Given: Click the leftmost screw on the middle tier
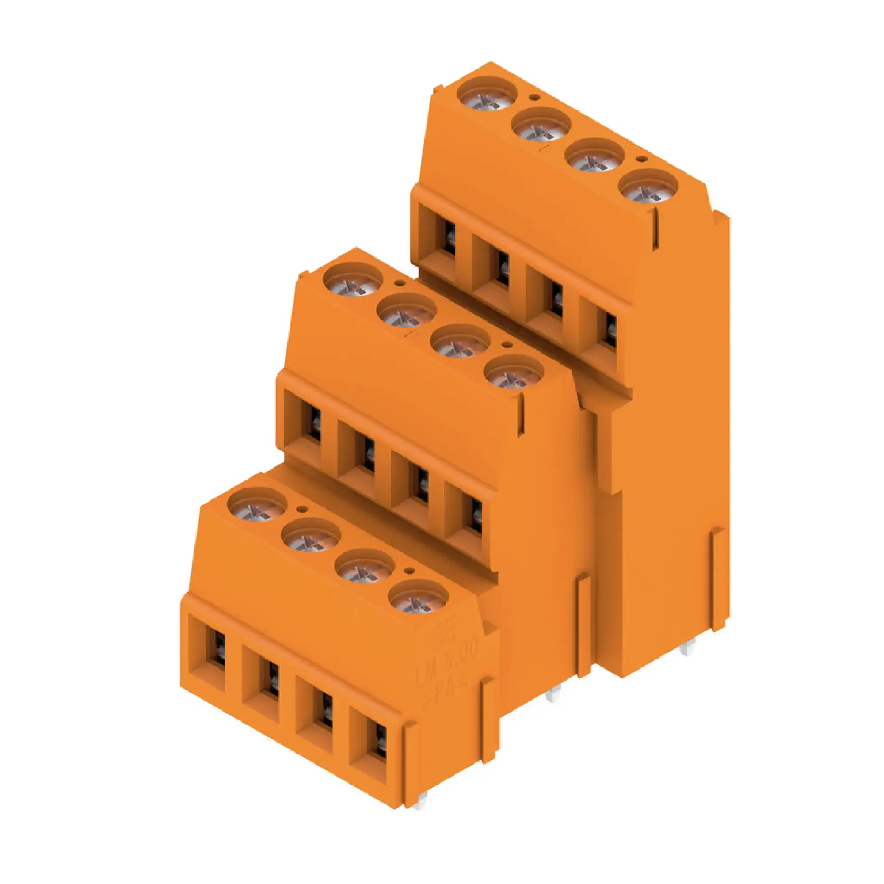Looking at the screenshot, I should click(x=353, y=281).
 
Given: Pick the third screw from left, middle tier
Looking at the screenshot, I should click(x=460, y=342).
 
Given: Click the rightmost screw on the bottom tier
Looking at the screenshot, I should click(x=418, y=598).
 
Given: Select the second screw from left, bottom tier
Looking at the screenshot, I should click(x=311, y=537).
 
